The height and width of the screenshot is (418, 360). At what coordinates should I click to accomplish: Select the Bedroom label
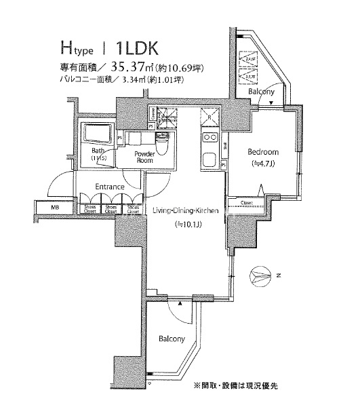261,153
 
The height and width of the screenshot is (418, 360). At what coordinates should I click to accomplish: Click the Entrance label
109,187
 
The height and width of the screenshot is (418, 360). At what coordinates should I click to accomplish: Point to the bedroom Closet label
246,202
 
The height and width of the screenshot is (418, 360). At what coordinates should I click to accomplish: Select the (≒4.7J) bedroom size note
261,164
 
